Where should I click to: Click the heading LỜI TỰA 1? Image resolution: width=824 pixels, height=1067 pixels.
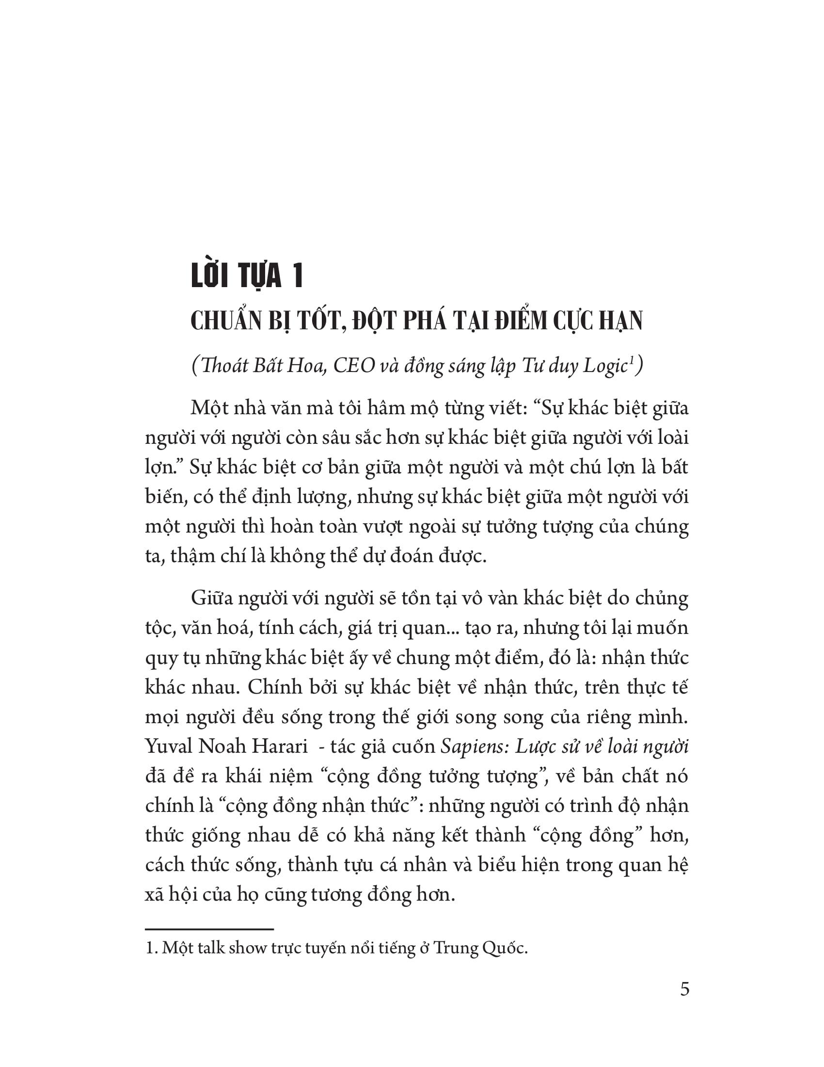pyautogui.click(x=247, y=276)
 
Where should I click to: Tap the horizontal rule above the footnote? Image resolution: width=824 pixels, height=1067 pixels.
pyautogui.click(x=209, y=929)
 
